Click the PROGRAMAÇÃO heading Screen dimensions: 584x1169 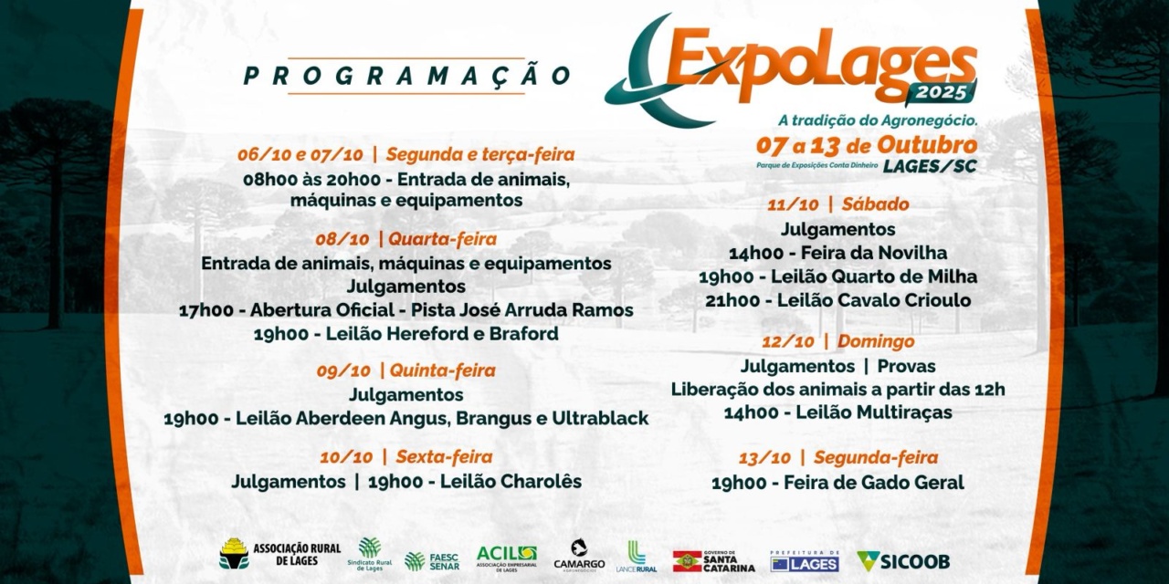pos(406,76)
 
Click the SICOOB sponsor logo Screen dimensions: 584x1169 pos(903,560)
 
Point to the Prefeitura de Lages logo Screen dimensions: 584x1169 pos(804,561)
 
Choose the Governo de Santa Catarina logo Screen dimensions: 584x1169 pos(713,561)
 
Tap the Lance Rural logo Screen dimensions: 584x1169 pos(636,558)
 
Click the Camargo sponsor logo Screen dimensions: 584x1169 pos(579,556)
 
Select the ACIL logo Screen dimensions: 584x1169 pos(506,557)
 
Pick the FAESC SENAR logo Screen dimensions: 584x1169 pos(432,560)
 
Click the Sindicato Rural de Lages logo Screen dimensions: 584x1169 pos(370,554)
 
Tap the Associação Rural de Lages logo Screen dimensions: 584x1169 pos(279,554)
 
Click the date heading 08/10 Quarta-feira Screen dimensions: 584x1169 pos(406,239)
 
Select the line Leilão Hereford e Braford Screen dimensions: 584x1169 pos(406,334)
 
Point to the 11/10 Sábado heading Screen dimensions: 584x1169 pos(837,204)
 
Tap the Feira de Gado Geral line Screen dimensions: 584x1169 pos(837,483)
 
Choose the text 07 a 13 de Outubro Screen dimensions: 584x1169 pos(866,146)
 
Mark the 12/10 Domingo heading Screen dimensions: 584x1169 pos(837,341)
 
